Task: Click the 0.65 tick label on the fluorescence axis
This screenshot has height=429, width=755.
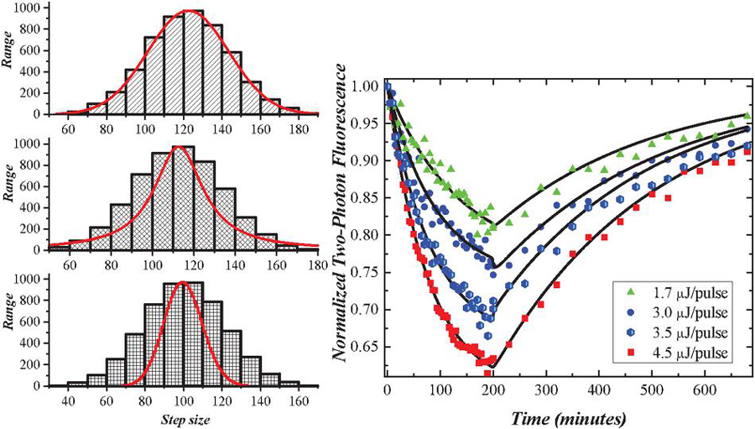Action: click(x=364, y=347)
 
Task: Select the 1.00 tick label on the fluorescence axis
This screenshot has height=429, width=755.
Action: click(x=364, y=86)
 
